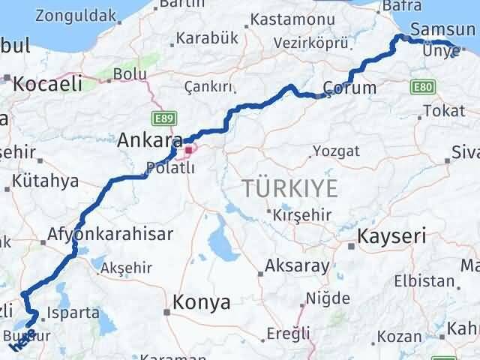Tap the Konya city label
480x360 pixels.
[202, 301]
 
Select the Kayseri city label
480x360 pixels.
[392, 236]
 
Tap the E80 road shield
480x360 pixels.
[422, 88]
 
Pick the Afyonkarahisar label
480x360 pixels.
[110, 234]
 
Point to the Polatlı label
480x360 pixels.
[171, 168]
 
